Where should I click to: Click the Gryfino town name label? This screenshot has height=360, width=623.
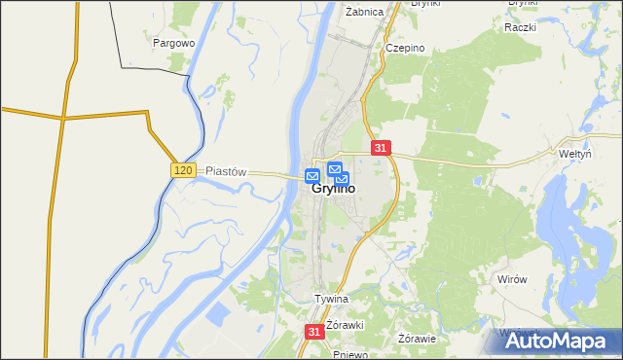coord(333,191)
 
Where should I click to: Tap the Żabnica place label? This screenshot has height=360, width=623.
coord(364,13)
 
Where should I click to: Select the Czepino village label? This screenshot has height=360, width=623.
coord(404,48)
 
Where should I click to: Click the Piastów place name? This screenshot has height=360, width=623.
coord(226,171)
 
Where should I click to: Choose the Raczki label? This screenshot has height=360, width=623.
coord(521,26)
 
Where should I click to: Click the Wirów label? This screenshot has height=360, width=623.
coord(511,279)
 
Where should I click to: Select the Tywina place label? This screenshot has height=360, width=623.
coord(331,299)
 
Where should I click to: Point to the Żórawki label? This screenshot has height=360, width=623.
coord(345,324)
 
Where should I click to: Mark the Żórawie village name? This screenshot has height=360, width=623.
coord(418,339)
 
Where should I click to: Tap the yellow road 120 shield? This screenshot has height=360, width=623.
coord(184,170)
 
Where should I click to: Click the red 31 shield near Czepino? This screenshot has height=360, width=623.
coord(381,148)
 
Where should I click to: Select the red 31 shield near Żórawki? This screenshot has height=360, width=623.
coord(313,332)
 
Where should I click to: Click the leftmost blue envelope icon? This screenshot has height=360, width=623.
coord(311,176)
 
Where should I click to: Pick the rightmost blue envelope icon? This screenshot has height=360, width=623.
coord(342,179)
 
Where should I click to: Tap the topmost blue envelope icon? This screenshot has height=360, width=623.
coord(335,168)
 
